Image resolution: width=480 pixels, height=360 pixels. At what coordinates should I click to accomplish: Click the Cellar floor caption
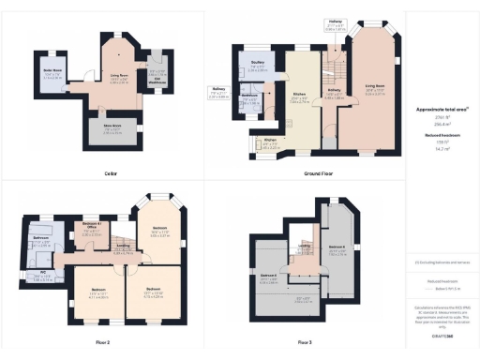pos(111,173)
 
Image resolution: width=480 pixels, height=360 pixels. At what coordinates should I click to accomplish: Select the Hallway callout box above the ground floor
pos(336,24)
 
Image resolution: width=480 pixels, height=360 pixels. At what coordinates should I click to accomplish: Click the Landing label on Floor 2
pos(121,247)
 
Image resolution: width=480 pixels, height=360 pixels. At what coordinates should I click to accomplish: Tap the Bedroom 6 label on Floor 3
pos(337,249)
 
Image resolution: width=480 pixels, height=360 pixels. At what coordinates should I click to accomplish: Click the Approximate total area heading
pos(441,109)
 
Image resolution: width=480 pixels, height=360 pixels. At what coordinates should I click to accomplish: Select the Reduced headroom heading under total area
pos(441,134)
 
